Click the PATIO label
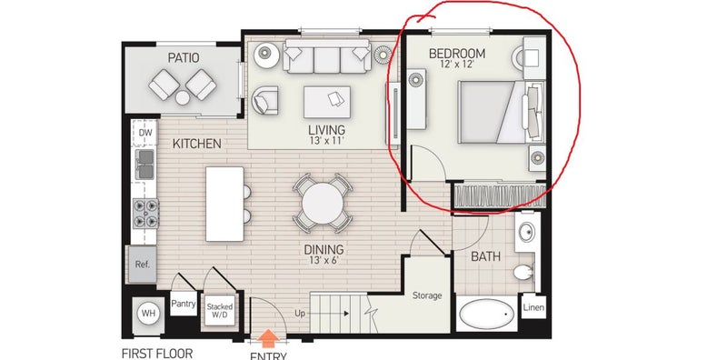(x=184, y=58)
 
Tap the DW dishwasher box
(x=145, y=133)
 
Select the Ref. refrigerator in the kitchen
(x=142, y=264)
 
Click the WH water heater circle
(x=148, y=314)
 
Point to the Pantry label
(x=184, y=304)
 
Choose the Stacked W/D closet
(x=220, y=311)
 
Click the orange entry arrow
(x=268, y=339)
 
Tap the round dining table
(x=323, y=204)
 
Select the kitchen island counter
(x=224, y=205)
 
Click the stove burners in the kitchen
(x=145, y=214)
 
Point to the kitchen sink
(x=145, y=165)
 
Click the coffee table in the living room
(x=327, y=102)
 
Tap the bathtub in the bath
(x=487, y=314)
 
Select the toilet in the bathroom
(x=524, y=272)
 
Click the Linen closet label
(x=533, y=307)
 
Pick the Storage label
(x=427, y=295)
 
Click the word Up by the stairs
(x=300, y=314)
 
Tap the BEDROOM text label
(x=457, y=54)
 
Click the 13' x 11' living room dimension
(x=327, y=141)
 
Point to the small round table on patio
(x=183, y=97)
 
